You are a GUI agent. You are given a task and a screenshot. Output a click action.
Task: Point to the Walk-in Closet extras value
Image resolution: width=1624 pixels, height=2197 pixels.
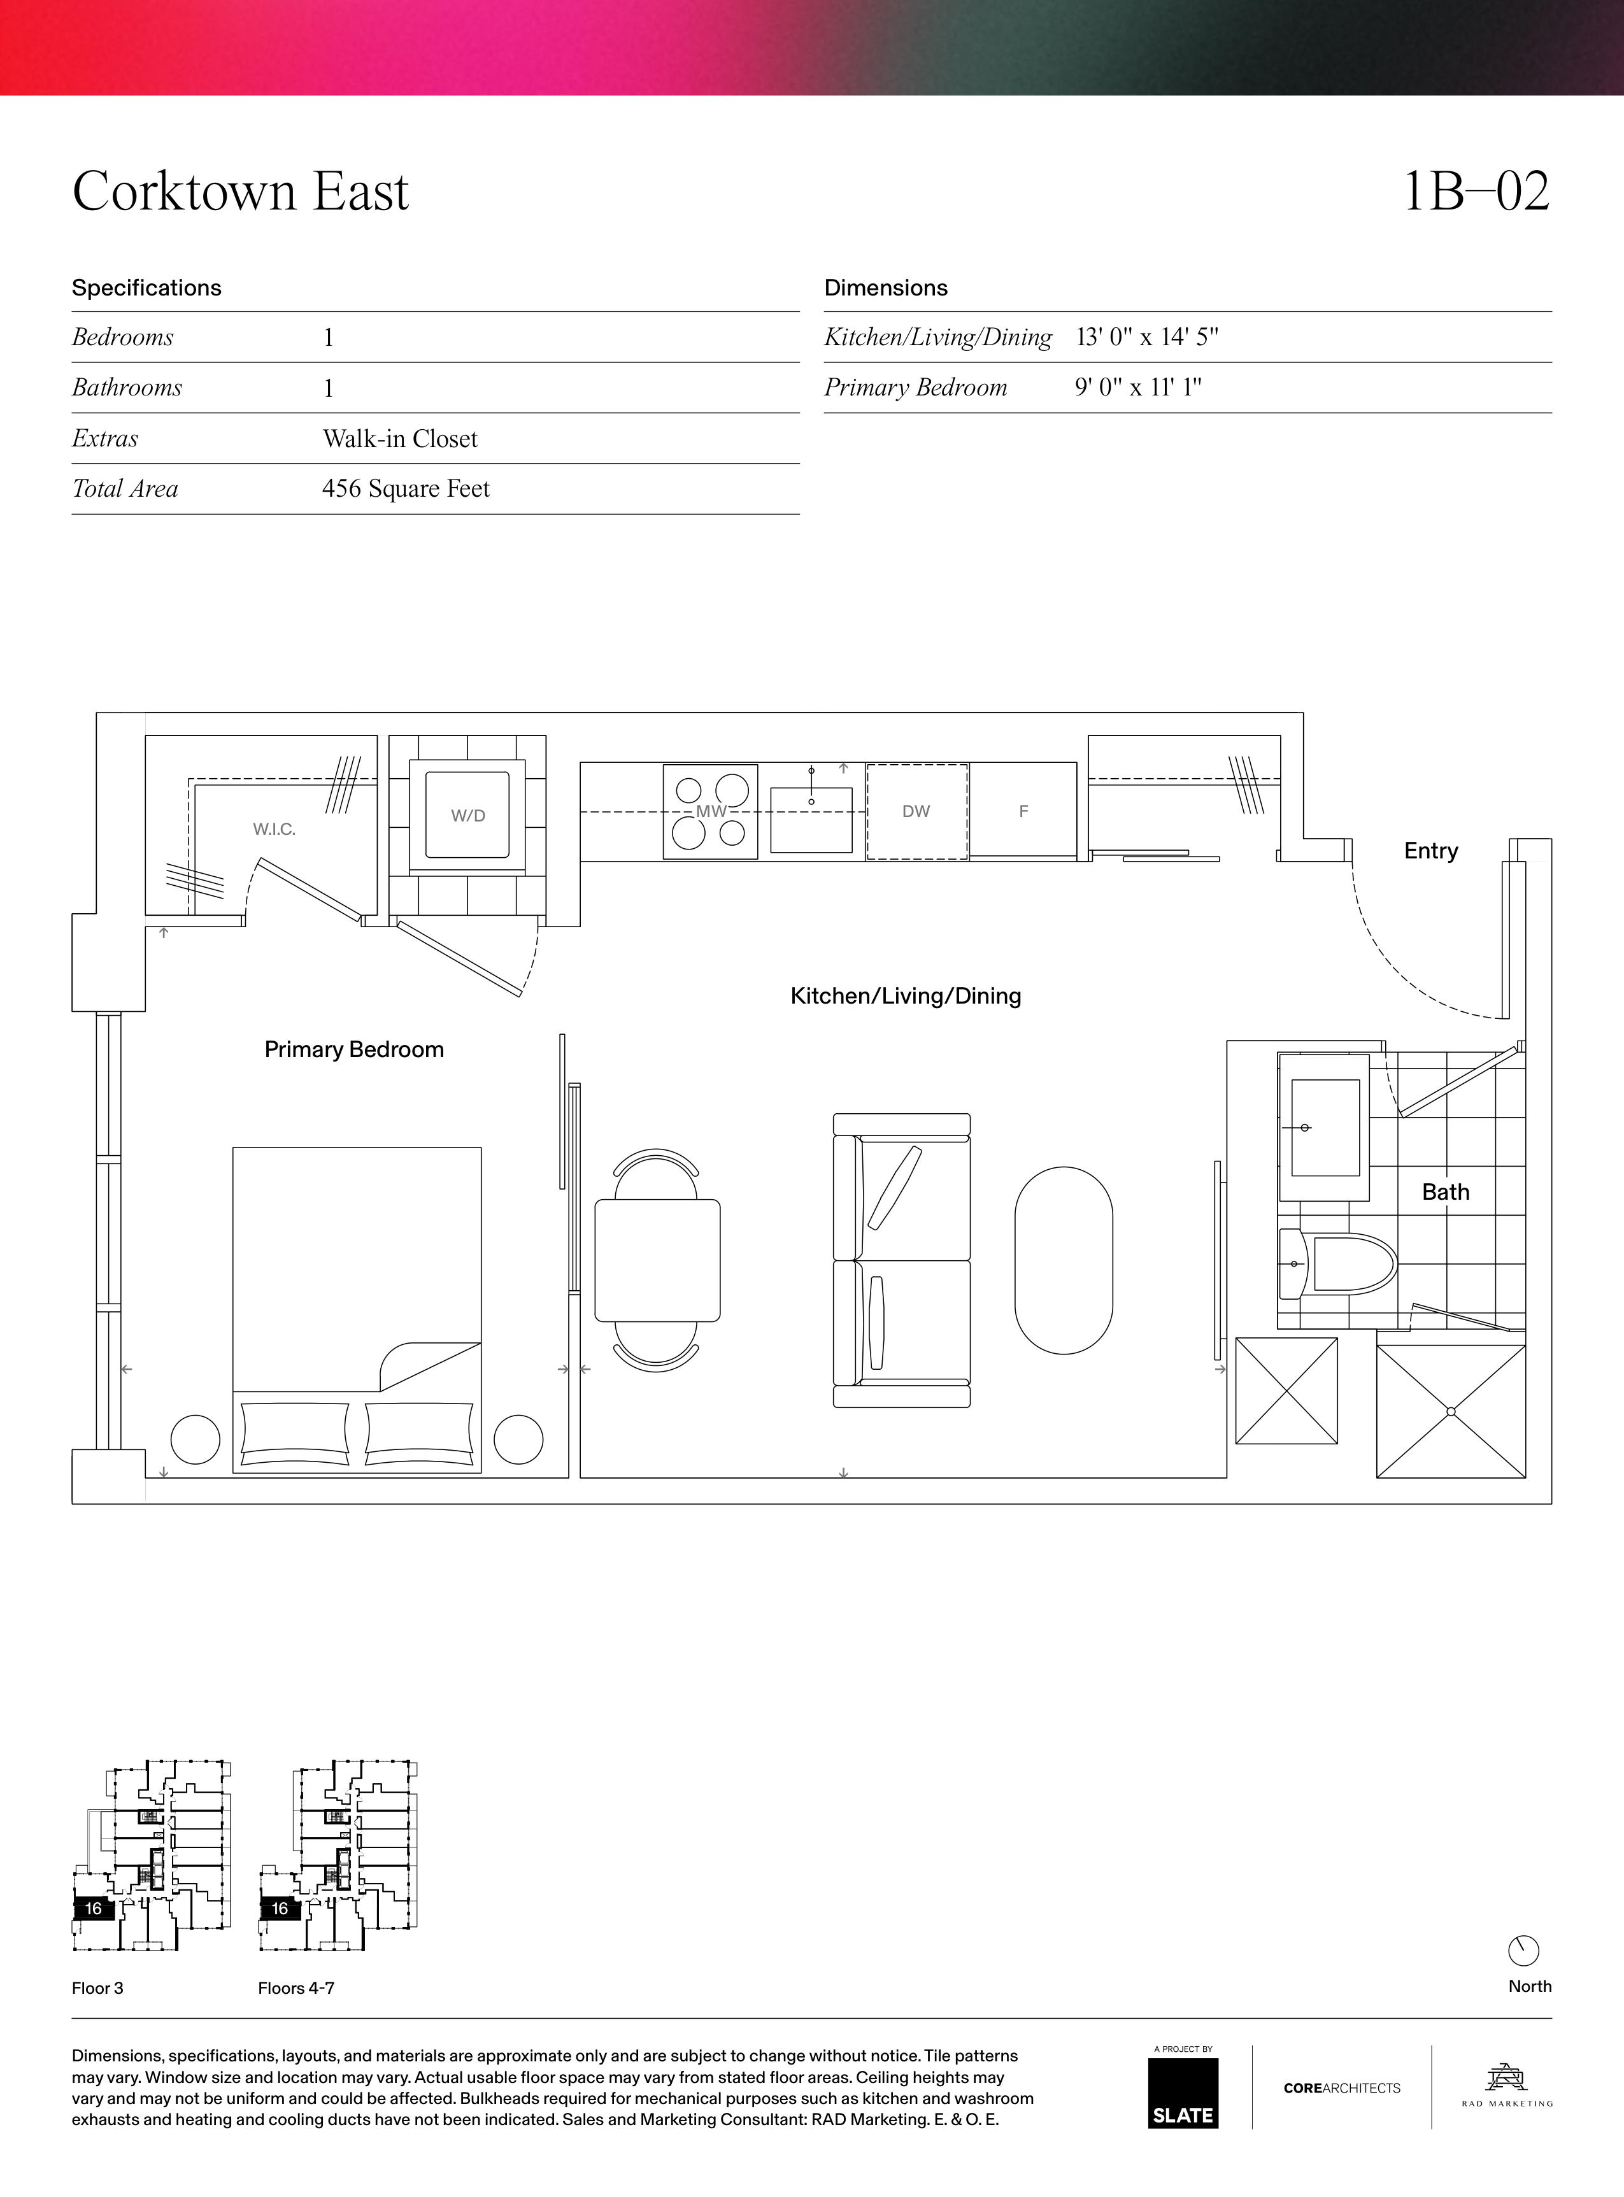click(x=400, y=438)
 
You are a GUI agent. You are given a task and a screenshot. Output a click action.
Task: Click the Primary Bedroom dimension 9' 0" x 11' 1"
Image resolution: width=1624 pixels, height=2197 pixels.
click(x=1137, y=387)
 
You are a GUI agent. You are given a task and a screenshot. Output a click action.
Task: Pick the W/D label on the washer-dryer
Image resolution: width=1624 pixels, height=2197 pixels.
click(x=468, y=816)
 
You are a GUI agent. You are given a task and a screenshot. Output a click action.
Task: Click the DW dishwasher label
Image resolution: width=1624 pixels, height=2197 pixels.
click(x=916, y=811)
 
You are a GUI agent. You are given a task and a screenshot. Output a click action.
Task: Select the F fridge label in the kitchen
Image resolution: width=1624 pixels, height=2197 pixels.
click(x=1023, y=811)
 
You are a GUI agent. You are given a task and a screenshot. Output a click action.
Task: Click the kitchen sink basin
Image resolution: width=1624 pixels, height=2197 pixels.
click(x=811, y=819)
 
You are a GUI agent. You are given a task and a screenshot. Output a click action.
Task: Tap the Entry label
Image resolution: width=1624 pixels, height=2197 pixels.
click(x=1430, y=851)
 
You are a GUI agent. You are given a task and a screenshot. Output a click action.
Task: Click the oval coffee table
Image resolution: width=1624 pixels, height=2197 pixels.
click(x=1064, y=1260)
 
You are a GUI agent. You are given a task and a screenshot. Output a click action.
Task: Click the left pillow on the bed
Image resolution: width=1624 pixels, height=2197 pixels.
click(x=295, y=1434)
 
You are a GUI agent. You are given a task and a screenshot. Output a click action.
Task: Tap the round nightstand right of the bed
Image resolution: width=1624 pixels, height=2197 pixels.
click(x=518, y=1439)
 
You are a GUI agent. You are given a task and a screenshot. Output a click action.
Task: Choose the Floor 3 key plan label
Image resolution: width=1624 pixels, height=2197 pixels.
click(x=97, y=1987)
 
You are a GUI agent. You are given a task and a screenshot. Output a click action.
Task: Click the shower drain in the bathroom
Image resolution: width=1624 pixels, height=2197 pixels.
click(x=1451, y=1412)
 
